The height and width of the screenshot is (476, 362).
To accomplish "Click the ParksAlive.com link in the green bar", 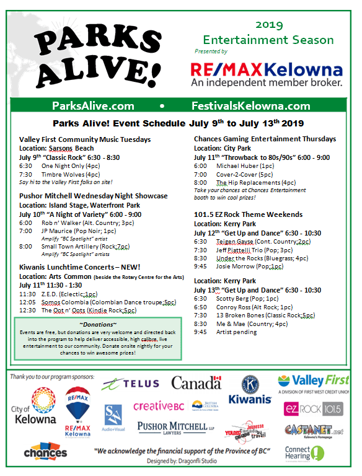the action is pyautogui.click(x=93, y=105).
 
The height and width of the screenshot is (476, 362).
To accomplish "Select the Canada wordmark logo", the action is pyautogui.click(x=196, y=383).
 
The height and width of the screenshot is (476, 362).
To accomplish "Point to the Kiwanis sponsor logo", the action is pyautogui.click(x=250, y=389).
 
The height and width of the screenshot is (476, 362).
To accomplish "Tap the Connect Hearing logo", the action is pyautogui.click(x=304, y=453).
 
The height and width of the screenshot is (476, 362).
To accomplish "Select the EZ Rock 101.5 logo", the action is pyautogui.click(x=312, y=408).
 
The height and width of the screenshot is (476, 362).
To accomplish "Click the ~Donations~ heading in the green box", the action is pyautogui.click(x=98, y=324).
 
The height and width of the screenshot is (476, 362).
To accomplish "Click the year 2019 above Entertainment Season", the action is pyautogui.click(x=269, y=25).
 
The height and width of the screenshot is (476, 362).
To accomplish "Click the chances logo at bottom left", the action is pyautogui.click(x=45, y=452).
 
